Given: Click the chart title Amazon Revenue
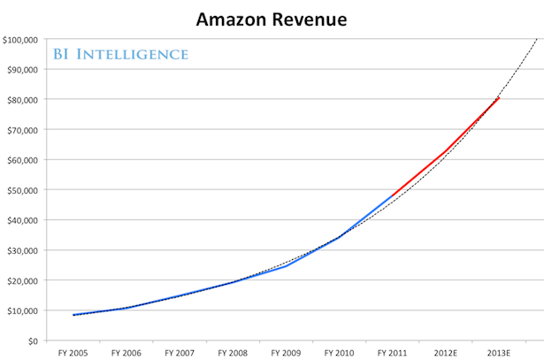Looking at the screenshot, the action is (272, 19).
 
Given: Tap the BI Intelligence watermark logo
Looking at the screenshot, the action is (120, 54).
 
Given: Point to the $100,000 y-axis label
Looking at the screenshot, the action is (20, 40).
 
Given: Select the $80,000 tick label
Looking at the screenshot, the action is (22, 100).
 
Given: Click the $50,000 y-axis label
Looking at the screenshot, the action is (22, 190).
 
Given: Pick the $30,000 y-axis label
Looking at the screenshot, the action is (22, 250).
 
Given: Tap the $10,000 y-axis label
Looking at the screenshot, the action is (22, 310).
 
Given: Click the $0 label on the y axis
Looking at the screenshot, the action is (33, 341).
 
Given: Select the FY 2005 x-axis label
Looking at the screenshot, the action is (73, 353).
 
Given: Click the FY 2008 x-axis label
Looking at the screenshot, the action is (233, 353).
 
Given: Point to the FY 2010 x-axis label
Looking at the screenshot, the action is (339, 353).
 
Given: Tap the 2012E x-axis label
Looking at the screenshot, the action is (446, 353).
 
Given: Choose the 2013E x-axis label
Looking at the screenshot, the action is (499, 353).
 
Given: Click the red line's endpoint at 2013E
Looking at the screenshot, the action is (499, 98).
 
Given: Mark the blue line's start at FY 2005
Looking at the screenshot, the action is (73, 315).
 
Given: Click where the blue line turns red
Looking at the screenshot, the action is (392, 196).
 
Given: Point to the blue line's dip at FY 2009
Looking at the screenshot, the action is (286, 266).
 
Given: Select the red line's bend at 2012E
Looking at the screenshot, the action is (446, 151).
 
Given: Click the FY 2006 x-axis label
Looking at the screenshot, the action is (126, 353).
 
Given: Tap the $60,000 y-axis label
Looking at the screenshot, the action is (22, 160).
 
